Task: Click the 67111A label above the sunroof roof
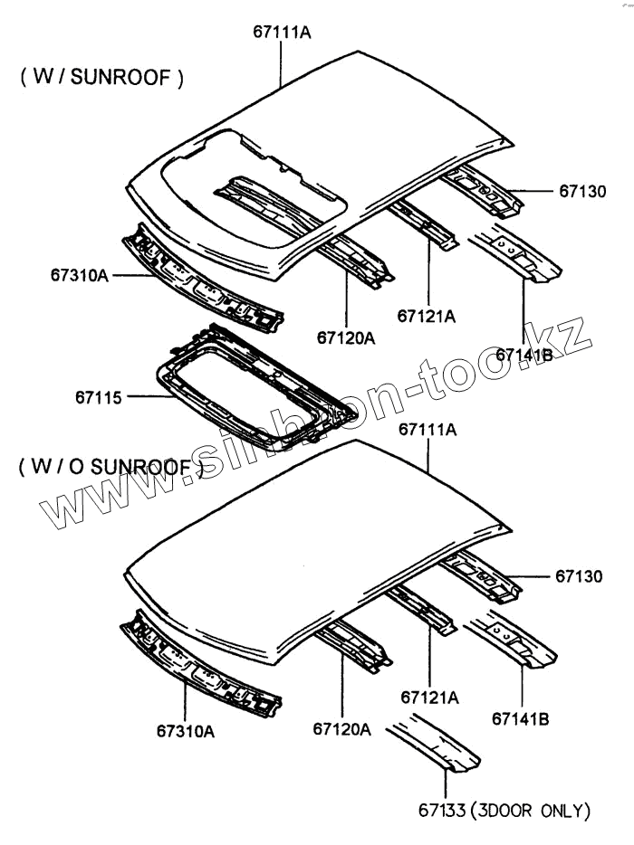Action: tap(282, 33)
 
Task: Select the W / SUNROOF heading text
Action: tap(101, 78)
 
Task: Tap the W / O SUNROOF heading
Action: tap(107, 467)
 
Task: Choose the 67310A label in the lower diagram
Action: tap(185, 731)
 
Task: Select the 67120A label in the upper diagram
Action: tap(345, 338)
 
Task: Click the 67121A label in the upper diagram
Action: tap(426, 316)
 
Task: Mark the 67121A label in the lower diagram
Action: tap(429, 698)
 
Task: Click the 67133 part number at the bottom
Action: tap(441, 810)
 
